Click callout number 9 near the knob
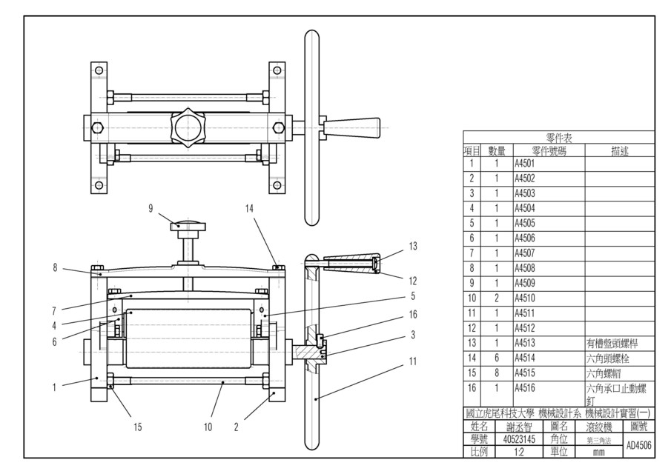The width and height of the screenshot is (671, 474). [x=150, y=209]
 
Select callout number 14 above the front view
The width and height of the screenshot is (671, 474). [x=249, y=209]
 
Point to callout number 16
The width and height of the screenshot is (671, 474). [x=413, y=314]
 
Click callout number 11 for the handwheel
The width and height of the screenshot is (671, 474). [x=413, y=361]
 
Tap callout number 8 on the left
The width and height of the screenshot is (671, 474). [x=55, y=268]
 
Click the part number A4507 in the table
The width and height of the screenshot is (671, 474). [x=524, y=253]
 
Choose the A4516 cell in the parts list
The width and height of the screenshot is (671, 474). [x=524, y=387]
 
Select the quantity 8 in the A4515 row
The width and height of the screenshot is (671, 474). [x=496, y=373]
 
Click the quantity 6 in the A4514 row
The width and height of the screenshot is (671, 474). [x=496, y=358]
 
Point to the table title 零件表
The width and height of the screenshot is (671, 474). [x=560, y=137]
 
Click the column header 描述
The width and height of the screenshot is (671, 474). [x=620, y=150]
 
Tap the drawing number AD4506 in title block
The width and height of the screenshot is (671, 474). [x=638, y=445]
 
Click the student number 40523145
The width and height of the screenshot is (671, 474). [x=519, y=438]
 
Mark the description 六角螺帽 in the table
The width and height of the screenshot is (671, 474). [x=604, y=373]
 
